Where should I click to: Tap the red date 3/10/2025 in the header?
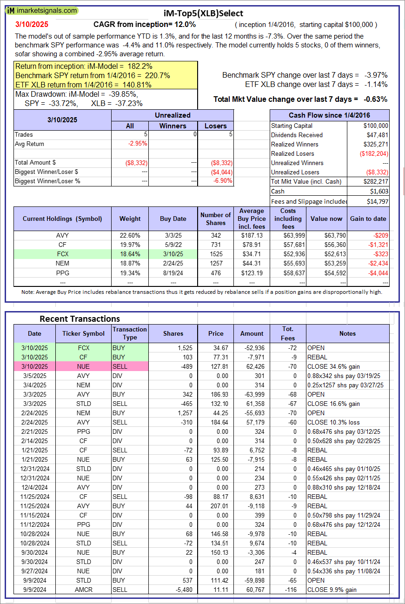point(31,24)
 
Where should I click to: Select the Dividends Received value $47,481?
point(376,135)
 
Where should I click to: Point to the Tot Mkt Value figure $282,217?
point(376,181)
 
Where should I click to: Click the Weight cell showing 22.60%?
point(130,235)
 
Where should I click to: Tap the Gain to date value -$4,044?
point(378,272)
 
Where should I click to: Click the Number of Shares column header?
point(215,219)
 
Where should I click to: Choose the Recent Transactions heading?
point(80,319)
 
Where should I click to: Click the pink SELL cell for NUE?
point(130,366)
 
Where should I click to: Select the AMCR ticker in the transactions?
point(84,590)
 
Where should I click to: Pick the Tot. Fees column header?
point(287,333)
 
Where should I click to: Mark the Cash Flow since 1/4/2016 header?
point(329,115)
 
